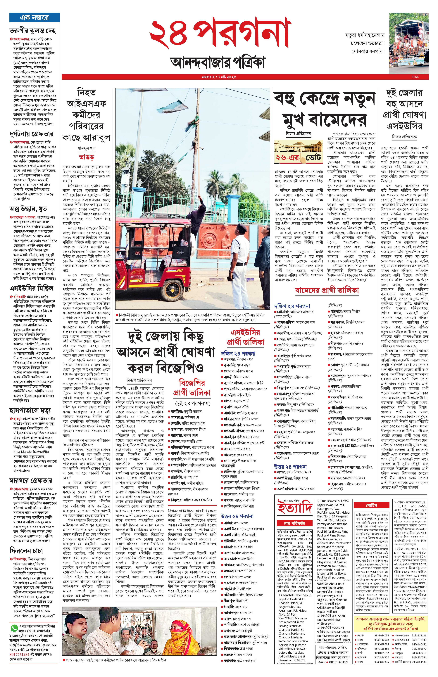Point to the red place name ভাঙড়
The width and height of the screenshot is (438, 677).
pos(86,157)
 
